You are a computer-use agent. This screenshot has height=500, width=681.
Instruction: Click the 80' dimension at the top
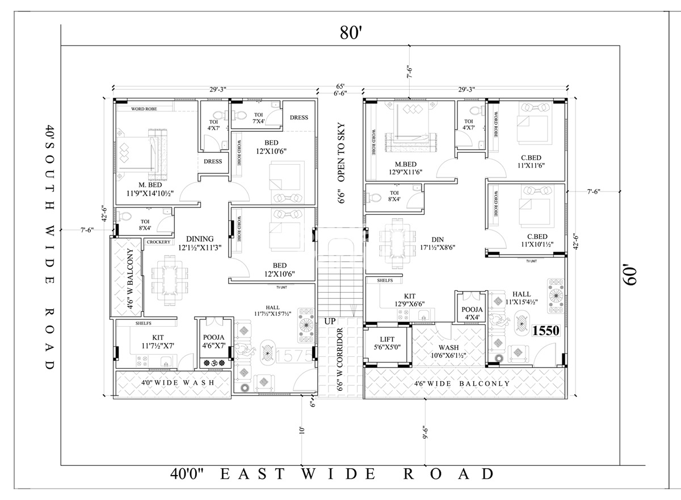(x=351, y=32)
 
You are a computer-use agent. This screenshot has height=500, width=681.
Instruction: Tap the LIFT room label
(x=387, y=343)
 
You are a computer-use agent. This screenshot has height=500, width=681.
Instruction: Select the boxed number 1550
(x=546, y=331)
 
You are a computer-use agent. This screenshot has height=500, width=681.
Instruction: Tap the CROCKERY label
(x=158, y=242)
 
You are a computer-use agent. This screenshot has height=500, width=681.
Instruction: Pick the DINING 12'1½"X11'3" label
(x=196, y=243)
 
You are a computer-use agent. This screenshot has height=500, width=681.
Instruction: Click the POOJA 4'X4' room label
(x=472, y=314)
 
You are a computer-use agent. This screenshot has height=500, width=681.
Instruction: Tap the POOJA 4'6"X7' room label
(x=214, y=340)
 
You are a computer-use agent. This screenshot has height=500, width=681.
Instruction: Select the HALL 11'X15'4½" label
(x=521, y=298)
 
